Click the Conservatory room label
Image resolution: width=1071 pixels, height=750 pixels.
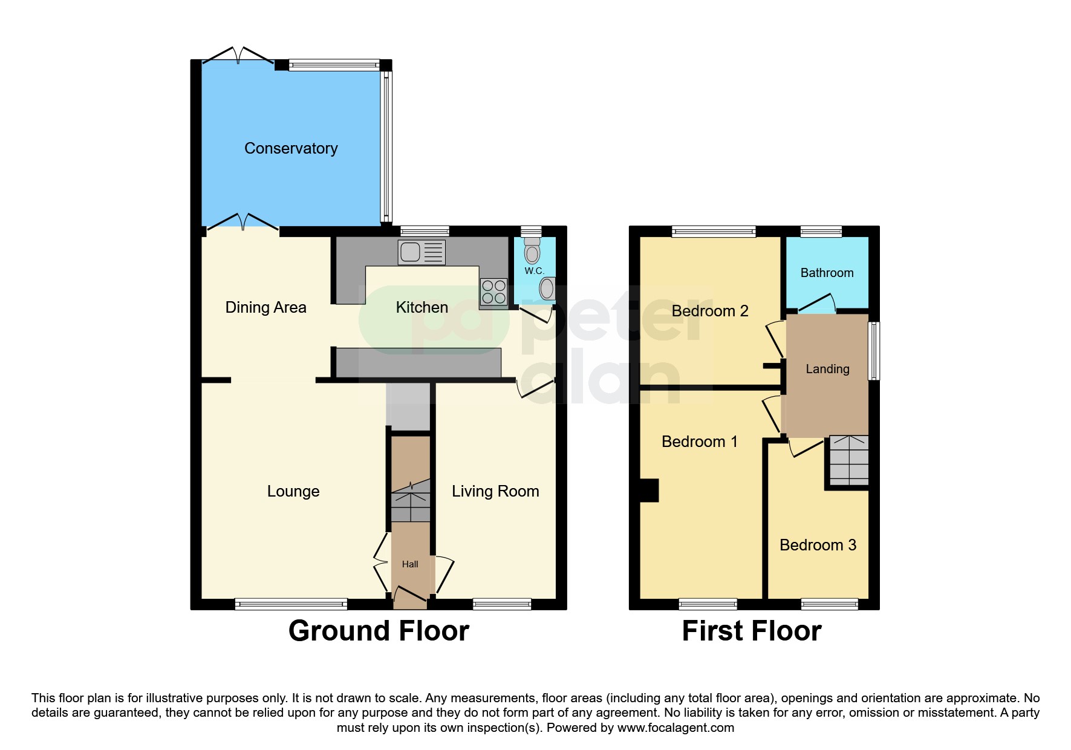[291, 148]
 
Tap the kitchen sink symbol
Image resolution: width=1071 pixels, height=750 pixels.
[422, 252]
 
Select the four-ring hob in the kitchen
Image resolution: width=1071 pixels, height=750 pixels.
[493, 292]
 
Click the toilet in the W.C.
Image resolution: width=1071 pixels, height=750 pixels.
[532, 250]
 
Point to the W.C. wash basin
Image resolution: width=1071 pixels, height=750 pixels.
[547, 289]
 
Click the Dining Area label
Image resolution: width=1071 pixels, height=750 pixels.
[265, 307]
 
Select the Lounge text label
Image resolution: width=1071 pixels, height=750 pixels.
[293, 491]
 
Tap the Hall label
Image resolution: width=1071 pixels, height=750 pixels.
[410, 564]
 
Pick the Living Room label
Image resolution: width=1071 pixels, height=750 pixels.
[495, 491]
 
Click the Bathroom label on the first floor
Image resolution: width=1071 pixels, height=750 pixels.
[827, 273]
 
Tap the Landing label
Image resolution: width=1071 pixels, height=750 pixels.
[827, 369]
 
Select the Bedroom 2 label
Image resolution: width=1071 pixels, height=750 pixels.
[710, 311]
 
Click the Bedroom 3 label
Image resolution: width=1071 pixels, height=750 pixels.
[818, 545]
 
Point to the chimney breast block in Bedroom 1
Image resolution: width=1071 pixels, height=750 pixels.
[649, 490]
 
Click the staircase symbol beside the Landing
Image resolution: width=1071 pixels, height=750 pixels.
[848, 460]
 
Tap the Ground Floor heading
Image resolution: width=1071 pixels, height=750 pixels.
[379, 631]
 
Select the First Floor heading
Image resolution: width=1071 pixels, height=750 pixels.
[751, 631]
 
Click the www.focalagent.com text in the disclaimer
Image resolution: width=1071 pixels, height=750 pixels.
[675, 728]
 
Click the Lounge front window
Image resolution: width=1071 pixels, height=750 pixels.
[291, 604]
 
